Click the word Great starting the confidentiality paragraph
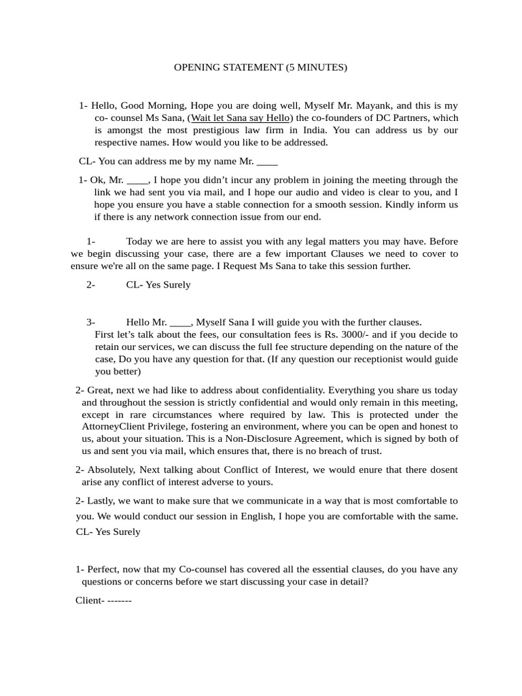101,390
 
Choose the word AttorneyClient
113,427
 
